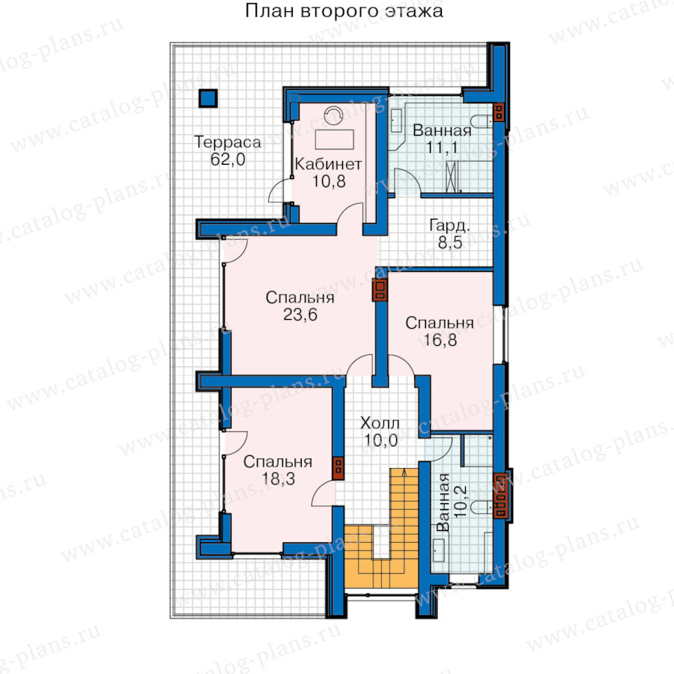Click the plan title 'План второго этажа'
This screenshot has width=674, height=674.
point(344,11)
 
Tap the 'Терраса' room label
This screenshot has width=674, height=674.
point(228,142)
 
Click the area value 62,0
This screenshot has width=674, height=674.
point(228,160)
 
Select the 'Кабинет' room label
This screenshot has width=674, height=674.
point(329,164)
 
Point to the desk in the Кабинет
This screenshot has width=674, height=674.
point(335,140)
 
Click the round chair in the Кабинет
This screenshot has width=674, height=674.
point(333,115)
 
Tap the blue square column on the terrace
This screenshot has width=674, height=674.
point(208,98)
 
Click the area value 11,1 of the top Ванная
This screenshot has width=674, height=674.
point(442,148)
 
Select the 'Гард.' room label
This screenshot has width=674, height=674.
point(449,225)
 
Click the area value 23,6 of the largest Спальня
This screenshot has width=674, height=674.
point(300,315)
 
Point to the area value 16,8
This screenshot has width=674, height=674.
point(440,340)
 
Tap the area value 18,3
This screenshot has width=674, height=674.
point(279,479)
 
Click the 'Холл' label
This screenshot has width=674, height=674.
point(380,423)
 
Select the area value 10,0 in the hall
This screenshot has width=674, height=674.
point(381,440)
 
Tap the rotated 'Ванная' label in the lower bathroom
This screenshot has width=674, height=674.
point(443,503)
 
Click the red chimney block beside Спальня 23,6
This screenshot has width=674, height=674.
point(380,290)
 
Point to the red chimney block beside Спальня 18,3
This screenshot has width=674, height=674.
point(338,468)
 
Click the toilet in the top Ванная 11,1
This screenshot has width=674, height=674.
point(482,121)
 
